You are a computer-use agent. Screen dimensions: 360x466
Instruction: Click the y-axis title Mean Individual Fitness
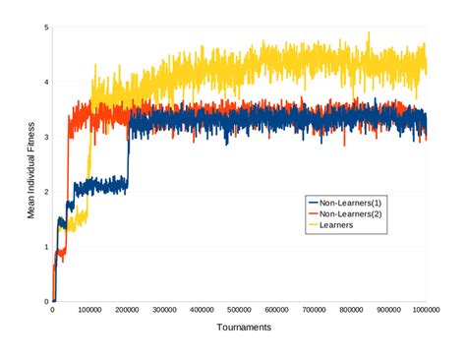tap(31, 164)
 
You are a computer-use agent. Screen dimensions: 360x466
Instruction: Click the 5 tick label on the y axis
tap(45, 28)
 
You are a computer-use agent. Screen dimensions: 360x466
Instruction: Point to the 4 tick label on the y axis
tap(45, 83)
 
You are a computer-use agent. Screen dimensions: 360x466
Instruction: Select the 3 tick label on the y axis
tap(45, 138)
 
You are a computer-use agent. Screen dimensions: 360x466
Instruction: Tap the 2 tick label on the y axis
tap(45, 192)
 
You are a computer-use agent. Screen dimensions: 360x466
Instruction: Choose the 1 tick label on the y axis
tap(45, 247)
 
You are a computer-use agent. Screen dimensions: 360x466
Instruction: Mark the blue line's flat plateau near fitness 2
tap(108, 184)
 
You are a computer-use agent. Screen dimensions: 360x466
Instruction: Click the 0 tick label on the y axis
tap(45, 302)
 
